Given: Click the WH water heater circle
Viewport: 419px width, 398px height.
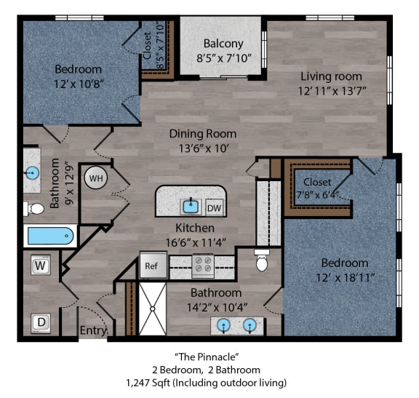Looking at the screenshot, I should (96, 177).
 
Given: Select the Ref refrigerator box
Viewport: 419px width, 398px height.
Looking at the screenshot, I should (151, 266).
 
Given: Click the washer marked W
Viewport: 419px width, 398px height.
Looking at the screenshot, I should (41, 266).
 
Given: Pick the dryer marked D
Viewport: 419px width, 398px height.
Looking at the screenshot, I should (41, 322).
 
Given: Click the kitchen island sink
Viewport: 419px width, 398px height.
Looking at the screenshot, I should (191, 207).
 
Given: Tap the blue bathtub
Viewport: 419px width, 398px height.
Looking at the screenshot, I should (49, 236).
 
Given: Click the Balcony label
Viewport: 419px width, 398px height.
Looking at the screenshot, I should (223, 43).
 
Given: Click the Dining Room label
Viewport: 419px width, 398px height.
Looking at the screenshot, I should (203, 133).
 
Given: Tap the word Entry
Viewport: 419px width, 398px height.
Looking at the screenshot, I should (92, 331).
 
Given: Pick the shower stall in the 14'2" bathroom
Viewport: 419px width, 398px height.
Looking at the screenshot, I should (152, 309).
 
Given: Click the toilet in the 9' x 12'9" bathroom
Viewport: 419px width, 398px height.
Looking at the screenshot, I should (35, 209).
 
